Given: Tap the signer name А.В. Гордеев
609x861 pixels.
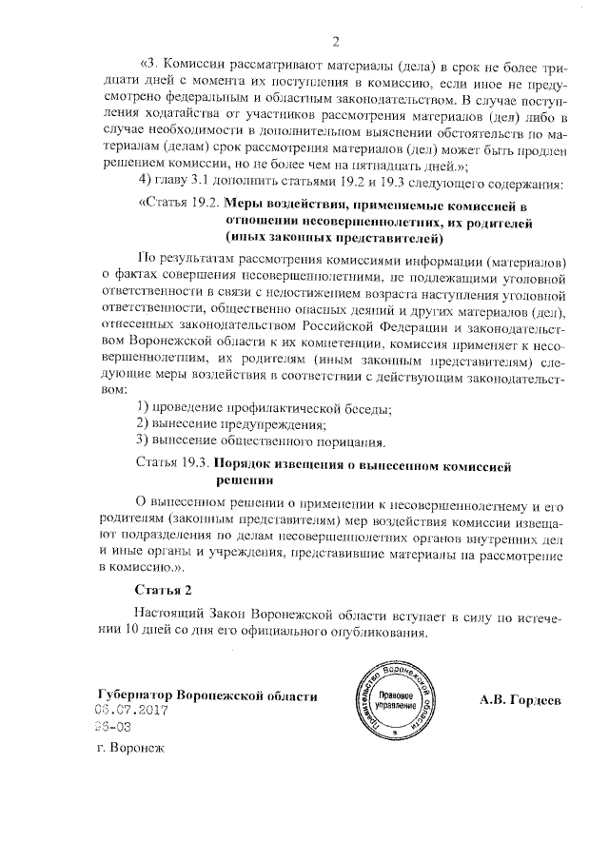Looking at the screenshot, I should [x=521, y=698].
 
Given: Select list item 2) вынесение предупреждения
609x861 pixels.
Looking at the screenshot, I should [x=232, y=424].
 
